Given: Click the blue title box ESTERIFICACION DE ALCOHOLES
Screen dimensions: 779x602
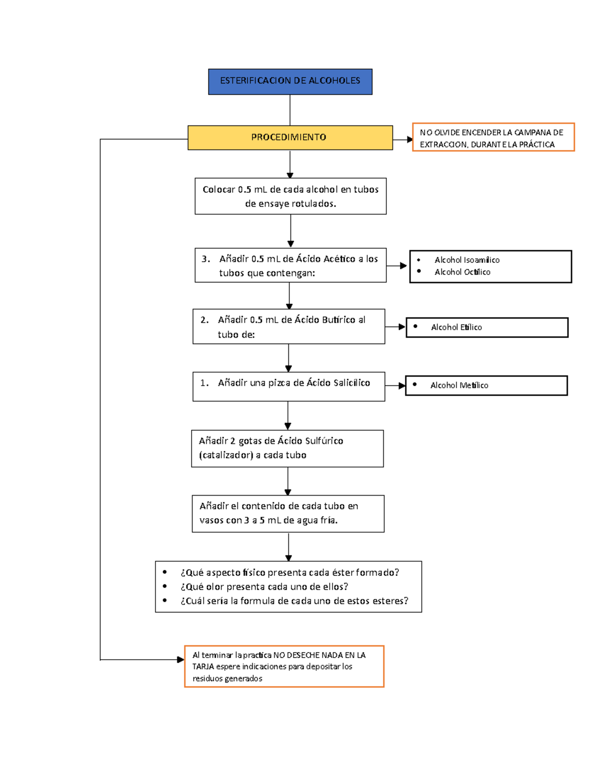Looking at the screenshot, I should pos(290,81).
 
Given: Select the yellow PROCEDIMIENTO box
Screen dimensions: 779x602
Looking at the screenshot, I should pos(289,137).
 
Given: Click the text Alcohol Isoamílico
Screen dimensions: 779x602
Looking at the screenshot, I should pos(467,260).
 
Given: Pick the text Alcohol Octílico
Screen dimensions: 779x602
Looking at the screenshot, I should pos(462,272).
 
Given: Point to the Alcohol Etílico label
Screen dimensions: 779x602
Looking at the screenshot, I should pos(456,327).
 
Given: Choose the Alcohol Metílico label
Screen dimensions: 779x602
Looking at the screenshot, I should pos(459,385).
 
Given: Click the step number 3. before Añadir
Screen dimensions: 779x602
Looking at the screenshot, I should pos(206,259).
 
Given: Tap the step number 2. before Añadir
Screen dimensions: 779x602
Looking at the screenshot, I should pos(205,320).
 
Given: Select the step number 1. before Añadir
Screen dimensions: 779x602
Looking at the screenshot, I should pos(204,383).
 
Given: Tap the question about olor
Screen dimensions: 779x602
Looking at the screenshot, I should pos(264,587).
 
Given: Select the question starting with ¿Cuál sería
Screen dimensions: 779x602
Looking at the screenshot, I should pos(294,601).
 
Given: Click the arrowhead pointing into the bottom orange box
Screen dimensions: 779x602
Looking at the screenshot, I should pos(181,660).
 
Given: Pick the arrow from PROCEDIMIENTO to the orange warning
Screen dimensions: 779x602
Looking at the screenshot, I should pos(402,139).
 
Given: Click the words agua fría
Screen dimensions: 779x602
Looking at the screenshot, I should pos(316,520).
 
